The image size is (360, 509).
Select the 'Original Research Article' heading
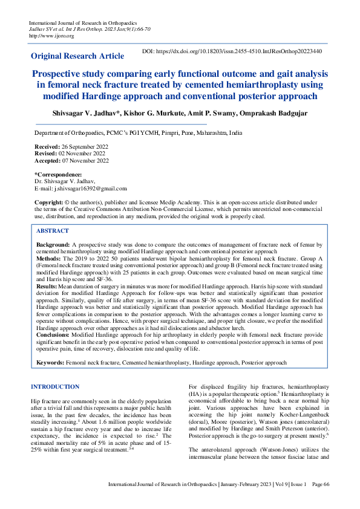pos(77,56)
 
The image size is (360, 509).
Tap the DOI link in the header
pos(232,52)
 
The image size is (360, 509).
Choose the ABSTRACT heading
pos(52,231)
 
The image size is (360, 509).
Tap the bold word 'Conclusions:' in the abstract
pos(53,333)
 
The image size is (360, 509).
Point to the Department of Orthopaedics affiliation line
pos(138,132)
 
